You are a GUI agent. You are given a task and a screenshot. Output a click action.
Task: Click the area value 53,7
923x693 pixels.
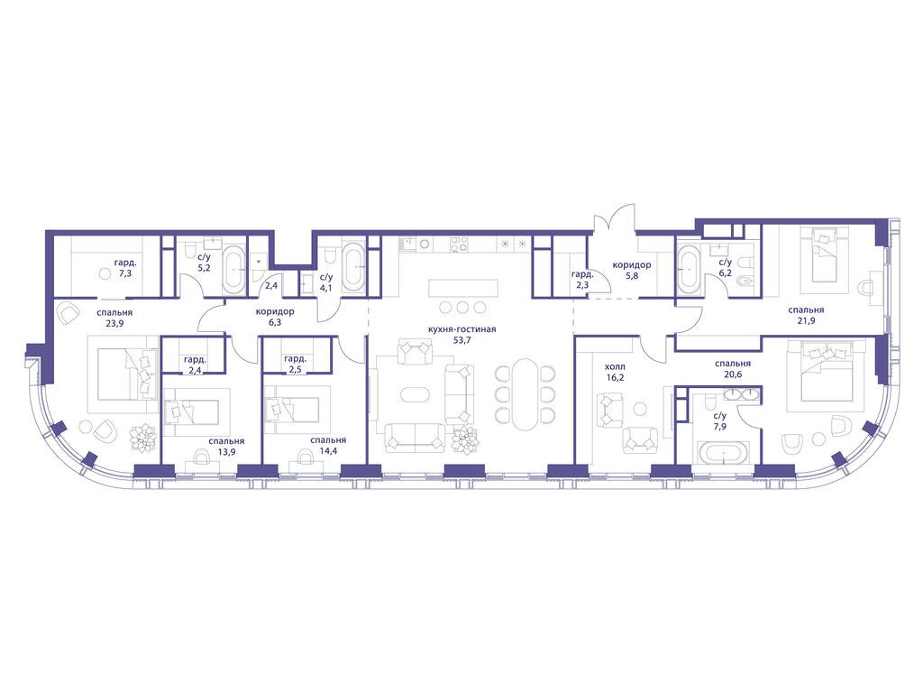click(x=463, y=340)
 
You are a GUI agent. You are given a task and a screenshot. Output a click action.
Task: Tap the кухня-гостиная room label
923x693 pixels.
click(x=463, y=329)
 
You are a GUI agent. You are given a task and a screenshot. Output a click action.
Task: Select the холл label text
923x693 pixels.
click(x=615, y=366)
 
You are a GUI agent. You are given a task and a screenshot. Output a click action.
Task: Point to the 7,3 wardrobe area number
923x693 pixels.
click(x=124, y=274)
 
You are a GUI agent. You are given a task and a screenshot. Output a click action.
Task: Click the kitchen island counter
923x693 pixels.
click(x=463, y=288)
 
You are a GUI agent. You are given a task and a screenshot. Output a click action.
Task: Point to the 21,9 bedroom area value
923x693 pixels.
click(x=806, y=321)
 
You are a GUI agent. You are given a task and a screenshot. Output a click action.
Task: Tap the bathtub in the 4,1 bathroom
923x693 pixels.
click(x=354, y=267)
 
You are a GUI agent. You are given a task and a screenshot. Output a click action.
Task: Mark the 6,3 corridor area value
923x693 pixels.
click(x=275, y=322)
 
